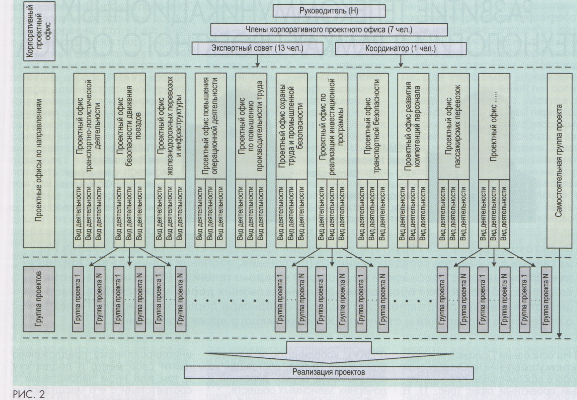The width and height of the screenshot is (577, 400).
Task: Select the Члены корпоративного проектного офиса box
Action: click(x=329, y=30)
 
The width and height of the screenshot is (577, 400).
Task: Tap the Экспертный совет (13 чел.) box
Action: click(x=257, y=48)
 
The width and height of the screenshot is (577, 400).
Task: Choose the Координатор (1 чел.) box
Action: click(x=400, y=49)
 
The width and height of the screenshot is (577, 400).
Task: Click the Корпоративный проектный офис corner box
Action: click(x=39, y=31)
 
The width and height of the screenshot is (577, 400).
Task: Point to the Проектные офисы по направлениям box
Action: click(x=39, y=160)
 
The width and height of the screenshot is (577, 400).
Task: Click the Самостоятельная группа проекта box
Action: click(x=559, y=160)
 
